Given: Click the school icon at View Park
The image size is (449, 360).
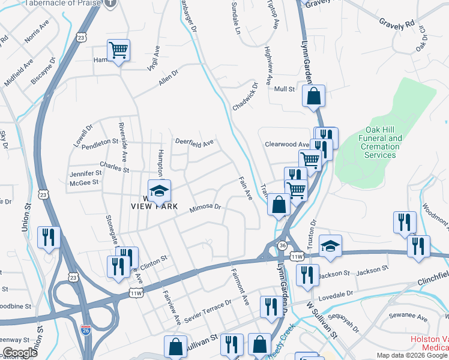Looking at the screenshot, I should tap(159, 191).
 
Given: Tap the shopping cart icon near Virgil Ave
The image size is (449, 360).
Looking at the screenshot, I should tap(119, 51).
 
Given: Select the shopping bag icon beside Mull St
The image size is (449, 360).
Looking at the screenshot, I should tap(313, 96).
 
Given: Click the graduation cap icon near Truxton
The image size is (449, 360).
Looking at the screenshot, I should tap(330, 247).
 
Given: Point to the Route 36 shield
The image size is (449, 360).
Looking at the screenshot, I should tap(282, 245).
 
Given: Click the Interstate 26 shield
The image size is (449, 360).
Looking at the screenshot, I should tap(86, 329).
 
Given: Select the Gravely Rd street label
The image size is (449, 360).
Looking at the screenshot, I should tap(397, 23).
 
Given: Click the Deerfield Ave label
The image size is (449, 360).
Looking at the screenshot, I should tap(194, 143).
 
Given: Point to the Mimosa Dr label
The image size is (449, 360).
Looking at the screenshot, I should tap(206, 209).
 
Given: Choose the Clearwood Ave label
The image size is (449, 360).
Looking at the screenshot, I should tap(287, 145).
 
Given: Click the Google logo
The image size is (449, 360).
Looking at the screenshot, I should tap(20, 353).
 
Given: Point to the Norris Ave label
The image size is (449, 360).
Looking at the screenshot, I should tap(36, 35).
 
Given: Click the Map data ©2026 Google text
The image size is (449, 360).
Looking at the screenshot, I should tap(411, 355).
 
